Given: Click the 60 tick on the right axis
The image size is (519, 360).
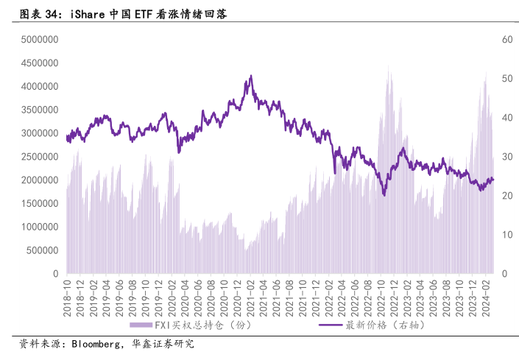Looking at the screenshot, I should (506, 40).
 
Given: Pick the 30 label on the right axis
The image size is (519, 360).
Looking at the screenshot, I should (506, 157).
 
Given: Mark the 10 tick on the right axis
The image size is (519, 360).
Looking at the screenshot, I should (506, 235).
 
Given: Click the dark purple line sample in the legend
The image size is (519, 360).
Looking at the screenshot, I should (329, 325).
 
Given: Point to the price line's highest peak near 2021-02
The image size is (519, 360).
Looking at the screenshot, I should (251, 76).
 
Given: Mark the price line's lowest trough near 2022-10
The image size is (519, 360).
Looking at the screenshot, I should (384, 194).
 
